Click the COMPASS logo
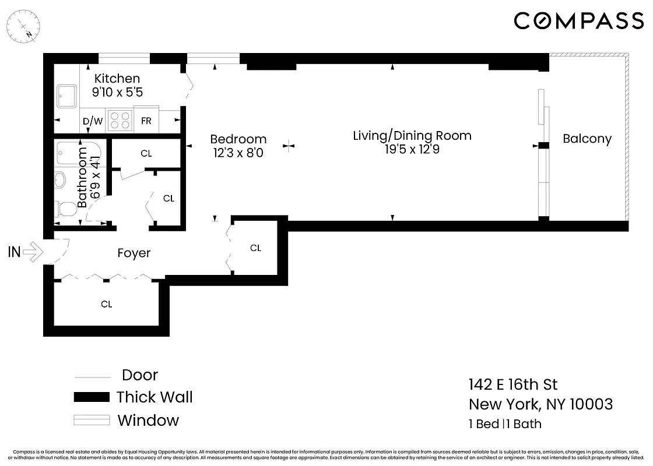click(x=578, y=21)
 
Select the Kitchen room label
click(x=117, y=79)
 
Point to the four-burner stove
click(x=120, y=121)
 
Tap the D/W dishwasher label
click(x=92, y=122)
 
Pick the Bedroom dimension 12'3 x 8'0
click(x=238, y=153)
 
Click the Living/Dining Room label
click(x=412, y=136)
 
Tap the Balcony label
click(x=587, y=139)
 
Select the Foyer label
click(x=134, y=253)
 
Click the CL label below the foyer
click(x=106, y=304)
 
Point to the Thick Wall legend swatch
click(x=92, y=397)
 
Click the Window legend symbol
click(x=92, y=420)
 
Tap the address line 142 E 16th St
click(x=513, y=384)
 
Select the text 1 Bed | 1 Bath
click(x=505, y=423)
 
